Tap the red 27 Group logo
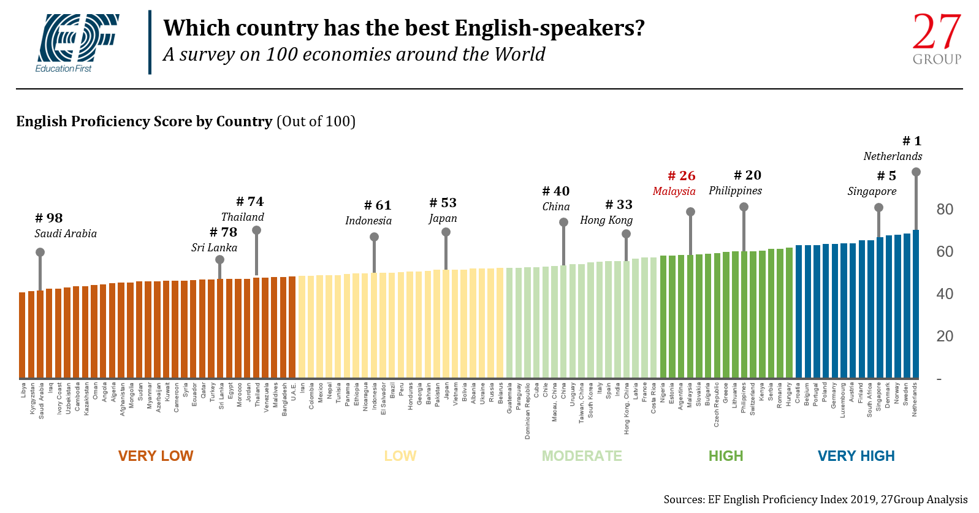[937, 39]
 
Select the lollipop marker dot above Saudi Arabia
[40, 252]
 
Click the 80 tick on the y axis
[944, 210]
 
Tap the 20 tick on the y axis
[944, 336]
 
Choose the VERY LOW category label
[156, 456]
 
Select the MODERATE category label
[582, 456]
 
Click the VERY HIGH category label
[856, 456]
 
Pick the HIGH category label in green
[726, 456]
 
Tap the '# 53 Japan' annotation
[443, 210]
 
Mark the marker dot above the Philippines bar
[744, 207]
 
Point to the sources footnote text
[815, 500]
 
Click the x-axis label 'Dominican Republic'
[528, 411]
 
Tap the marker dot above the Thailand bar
[256, 230]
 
